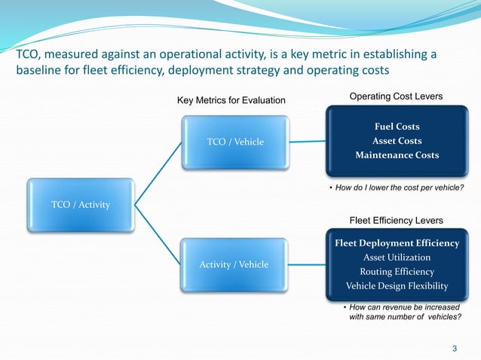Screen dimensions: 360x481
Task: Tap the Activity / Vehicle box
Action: (233, 265)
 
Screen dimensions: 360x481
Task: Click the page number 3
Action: (454, 347)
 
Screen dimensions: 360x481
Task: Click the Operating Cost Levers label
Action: (396, 96)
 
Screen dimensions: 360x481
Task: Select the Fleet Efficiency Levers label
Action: (396, 219)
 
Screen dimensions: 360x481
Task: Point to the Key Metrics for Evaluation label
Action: (231, 100)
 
